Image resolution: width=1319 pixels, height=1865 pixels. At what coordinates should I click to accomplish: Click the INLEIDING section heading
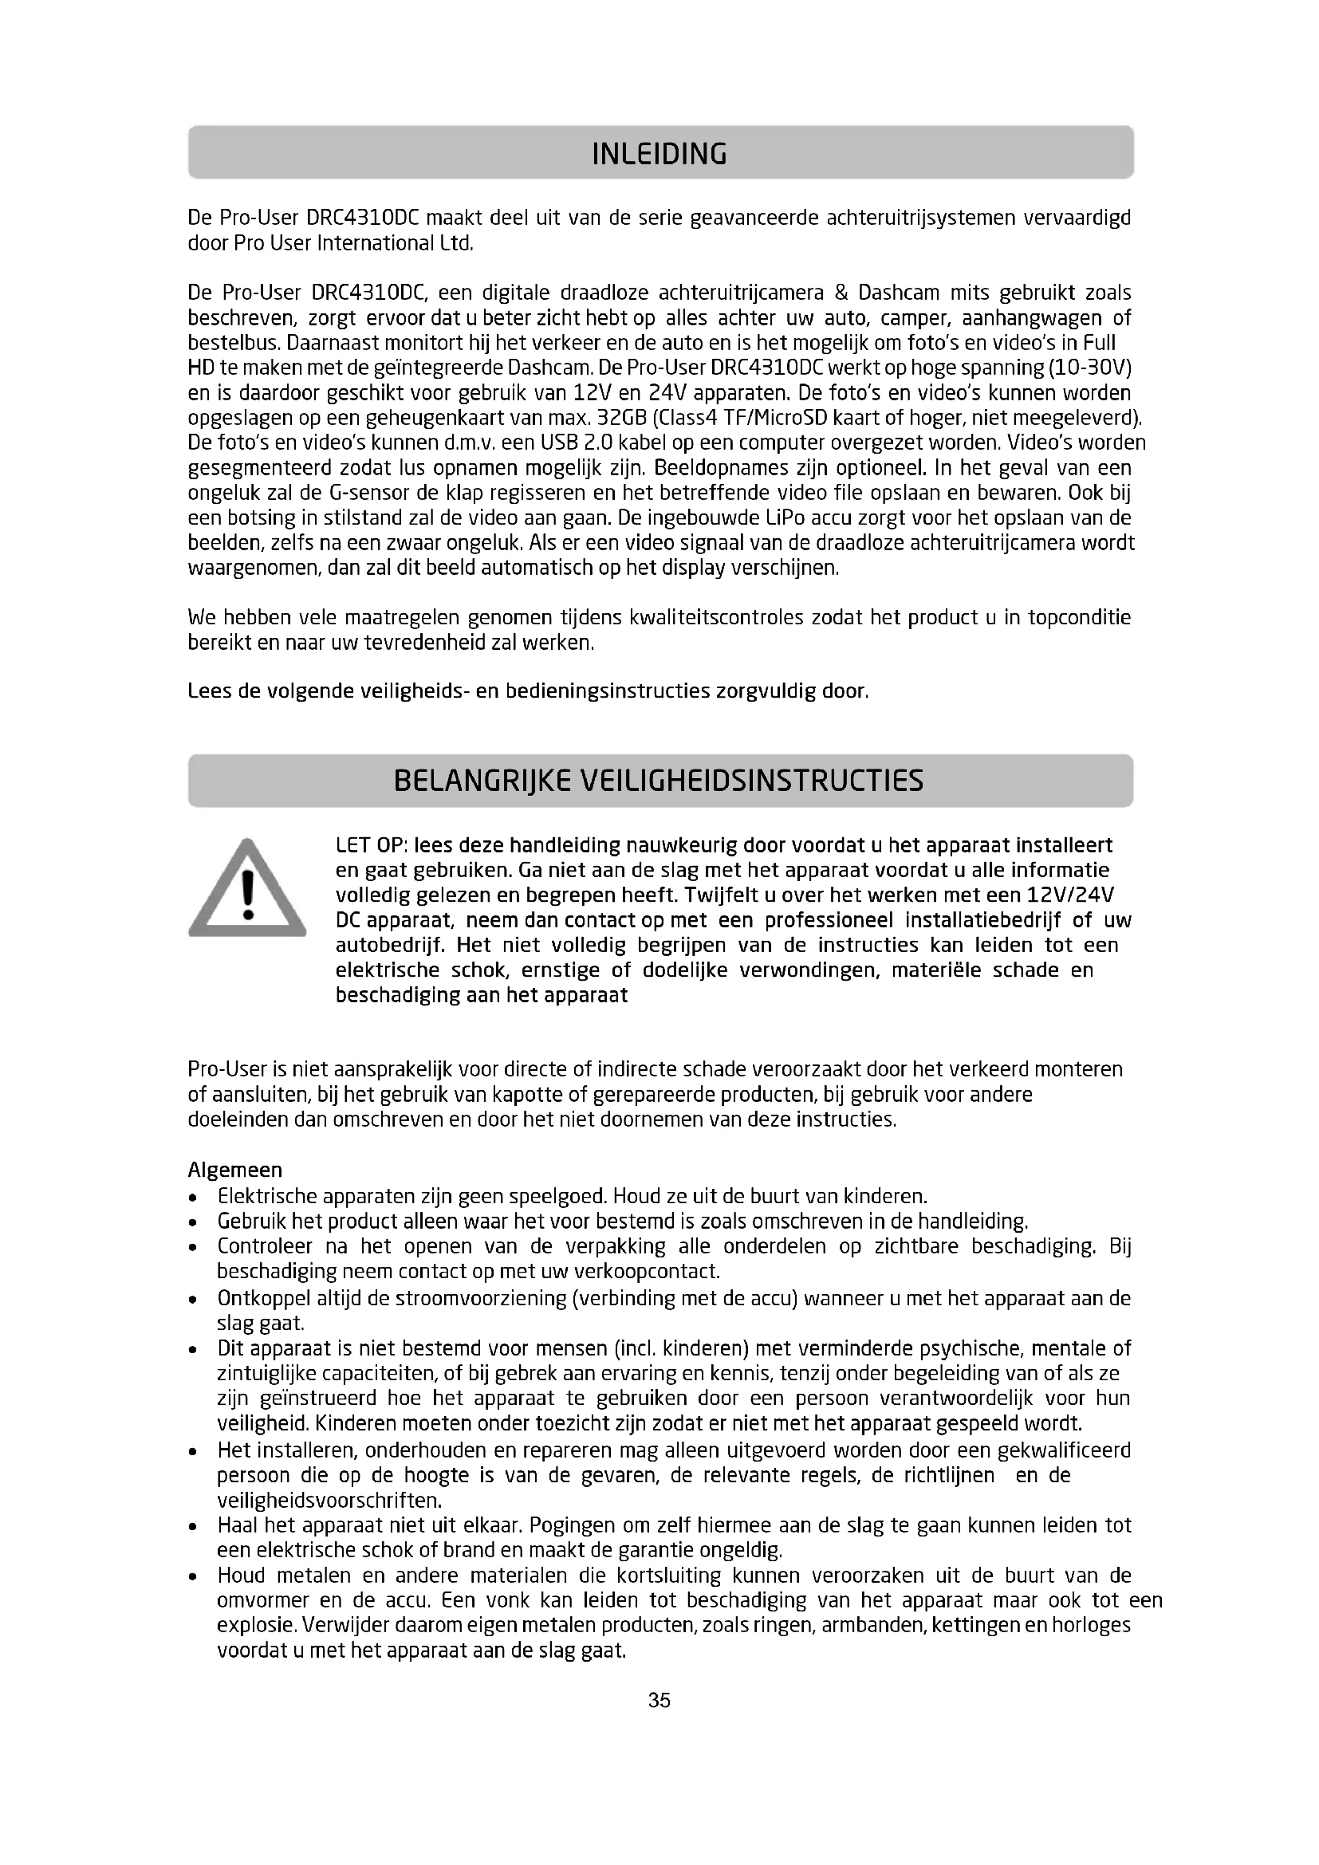659,154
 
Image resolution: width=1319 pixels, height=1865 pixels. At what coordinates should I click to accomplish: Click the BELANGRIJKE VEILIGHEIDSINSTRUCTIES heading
659,781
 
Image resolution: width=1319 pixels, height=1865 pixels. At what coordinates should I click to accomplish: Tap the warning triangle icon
248,890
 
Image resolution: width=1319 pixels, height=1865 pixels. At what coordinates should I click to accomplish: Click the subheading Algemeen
234,1171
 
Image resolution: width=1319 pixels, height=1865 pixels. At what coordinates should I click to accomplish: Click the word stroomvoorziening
481,1298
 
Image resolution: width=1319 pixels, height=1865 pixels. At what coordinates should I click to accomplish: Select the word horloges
1091,1625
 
